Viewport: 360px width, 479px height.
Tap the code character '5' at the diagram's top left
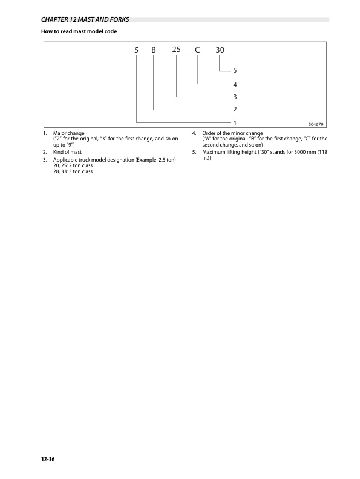point(137,50)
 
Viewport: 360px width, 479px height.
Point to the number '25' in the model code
point(176,50)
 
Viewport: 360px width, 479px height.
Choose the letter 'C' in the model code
point(197,50)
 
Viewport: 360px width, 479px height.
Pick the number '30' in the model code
point(220,50)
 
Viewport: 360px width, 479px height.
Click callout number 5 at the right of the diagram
point(235,70)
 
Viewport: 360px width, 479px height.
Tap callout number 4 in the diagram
point(235,84)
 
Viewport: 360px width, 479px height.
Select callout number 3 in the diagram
point(235,96)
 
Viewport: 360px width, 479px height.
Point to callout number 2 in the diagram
point(235,110)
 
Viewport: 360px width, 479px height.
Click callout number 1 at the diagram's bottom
point(235,122)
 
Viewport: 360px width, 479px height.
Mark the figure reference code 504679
point(316,124)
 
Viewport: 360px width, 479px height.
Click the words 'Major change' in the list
point(69,133)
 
